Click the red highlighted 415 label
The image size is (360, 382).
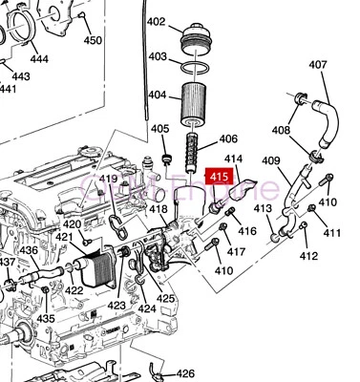(x=220, y=176)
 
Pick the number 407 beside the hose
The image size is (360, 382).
(x=318, y=66)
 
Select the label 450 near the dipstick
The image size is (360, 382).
(x=93, y=40)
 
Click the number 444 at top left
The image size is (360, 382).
(x=39, y=58)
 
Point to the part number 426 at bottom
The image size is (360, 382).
(x=185, y=374)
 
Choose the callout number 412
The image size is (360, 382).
(x=308, y=256)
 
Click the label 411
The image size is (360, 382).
(x=331, y=234)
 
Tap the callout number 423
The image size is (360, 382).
(x=116, y=306)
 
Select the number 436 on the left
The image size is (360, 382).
(x=29, y=250)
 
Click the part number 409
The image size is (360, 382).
(x=271, y=160)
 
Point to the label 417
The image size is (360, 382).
(x=236, y=252)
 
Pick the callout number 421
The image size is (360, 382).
(x=64, y=237)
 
